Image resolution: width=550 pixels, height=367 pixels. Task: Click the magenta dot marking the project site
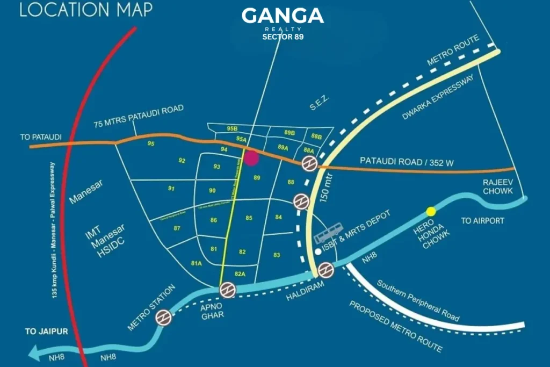(251, 158)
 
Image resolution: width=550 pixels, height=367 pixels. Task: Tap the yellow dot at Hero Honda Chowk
(431, 211)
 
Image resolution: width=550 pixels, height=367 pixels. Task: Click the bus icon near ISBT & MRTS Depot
(327, 235)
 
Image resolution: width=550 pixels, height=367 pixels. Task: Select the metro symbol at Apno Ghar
(228, 290)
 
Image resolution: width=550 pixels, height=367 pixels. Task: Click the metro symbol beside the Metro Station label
(163, 318)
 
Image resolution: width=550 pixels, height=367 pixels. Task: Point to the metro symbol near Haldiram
(325, 270)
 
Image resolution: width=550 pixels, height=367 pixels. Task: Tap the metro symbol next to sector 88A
(309, 163)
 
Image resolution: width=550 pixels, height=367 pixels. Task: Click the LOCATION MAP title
(86, 10)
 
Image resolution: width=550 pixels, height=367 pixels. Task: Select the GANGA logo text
(283, 16)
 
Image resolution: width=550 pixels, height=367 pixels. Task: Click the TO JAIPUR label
(46, 332)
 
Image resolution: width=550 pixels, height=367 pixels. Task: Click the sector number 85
(249, 218)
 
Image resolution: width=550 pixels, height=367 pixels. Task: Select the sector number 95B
(232, 129)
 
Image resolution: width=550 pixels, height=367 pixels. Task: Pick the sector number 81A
(196, 263)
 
